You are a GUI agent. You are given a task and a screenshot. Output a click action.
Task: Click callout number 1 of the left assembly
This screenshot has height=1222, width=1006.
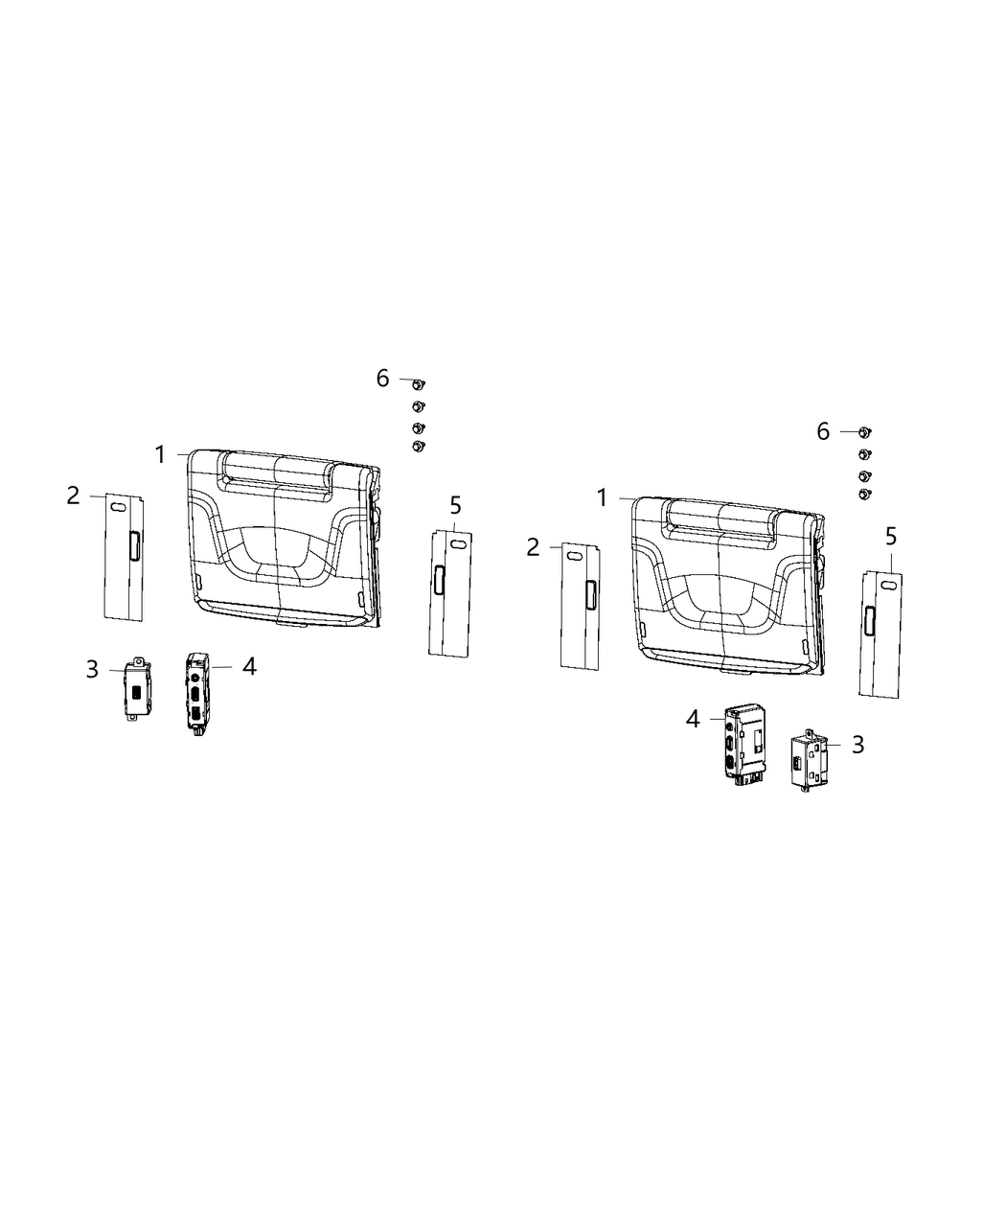[x=160, y=454]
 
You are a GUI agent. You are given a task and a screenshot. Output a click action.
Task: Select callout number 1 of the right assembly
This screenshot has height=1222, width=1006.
[x=602, y=497]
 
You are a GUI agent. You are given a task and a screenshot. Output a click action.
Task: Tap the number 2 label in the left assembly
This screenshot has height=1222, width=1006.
[x=74, y=496]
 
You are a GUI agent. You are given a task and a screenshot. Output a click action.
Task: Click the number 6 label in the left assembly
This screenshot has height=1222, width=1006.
[x=383, y=379]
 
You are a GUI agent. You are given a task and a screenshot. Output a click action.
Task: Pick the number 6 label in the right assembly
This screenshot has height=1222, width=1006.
[x=823, y=431]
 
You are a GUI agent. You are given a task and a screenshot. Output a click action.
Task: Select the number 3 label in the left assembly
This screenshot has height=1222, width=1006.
[x=92, y=668]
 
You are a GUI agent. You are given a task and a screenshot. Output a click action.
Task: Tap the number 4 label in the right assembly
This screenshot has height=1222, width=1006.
[x=693, y=718]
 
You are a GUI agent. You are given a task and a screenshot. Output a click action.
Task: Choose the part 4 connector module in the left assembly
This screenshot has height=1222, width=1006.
[x=196, y=692]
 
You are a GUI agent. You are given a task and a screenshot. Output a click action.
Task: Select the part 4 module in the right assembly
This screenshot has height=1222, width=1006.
[x=743, y=746]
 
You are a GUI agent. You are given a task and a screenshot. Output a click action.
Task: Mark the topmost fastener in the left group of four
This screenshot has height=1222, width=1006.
[x=418, y=384]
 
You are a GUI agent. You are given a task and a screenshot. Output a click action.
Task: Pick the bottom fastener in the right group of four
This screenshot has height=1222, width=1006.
[x=865, y=494]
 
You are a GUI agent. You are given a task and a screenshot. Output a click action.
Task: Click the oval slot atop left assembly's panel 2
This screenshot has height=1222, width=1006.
[x=116, y=507]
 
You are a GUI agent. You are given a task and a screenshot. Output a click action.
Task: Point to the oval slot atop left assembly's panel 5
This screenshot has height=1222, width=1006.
[x=458, y=543]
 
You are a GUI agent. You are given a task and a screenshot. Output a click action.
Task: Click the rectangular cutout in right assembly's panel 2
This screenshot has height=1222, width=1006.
[x=591, y=594]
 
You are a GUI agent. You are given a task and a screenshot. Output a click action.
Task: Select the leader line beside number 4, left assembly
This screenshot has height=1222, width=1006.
[x=222, y=666]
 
